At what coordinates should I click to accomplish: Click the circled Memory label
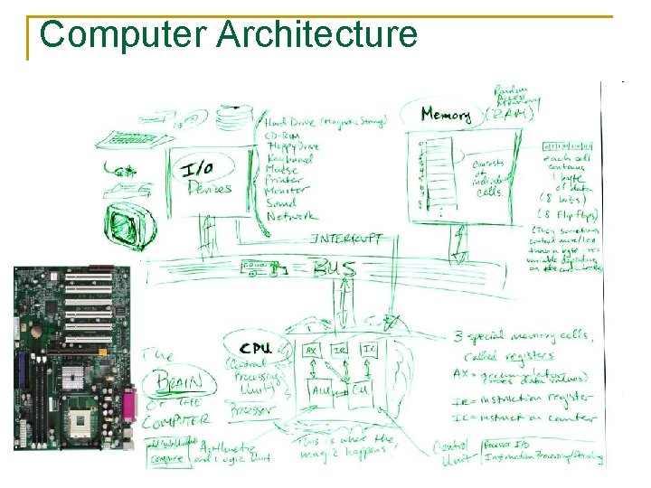tap(446, 116)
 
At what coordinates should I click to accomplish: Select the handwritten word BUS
tap(334, 268)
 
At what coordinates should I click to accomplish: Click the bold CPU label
tap(257, 348)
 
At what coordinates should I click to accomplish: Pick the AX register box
tap(310, 350)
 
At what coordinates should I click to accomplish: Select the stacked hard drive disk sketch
tap(238, 117)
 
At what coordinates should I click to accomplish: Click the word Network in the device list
tap(291, 217)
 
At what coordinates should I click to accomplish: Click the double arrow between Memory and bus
tap(460, 244)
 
